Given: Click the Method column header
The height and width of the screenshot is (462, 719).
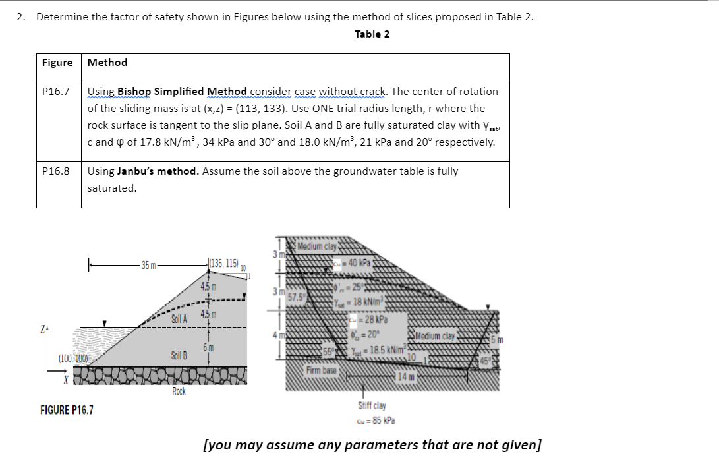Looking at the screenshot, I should pyautogui.click(x=107, y=63).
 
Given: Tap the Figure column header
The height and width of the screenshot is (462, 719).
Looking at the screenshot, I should pyautogui.click(x=57, y=63).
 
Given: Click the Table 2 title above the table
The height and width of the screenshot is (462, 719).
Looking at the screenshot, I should pyautogui.click(x=372, y=34).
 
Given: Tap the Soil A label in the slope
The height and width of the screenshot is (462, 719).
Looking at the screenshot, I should pyautogui.click(x=179, y=319).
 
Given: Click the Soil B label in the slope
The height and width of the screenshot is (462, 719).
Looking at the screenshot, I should pyautogui.click(x=179, y=355).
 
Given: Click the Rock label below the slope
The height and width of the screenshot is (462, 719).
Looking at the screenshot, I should pyautogui.click(x=179, y=391).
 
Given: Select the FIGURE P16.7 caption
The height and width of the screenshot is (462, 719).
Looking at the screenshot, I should pyautogui.click(x=67, y=410).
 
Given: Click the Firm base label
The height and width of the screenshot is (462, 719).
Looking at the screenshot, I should pyautogui.click(x=321, y=370).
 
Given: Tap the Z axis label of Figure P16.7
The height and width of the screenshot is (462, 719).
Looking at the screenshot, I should pyautogui.click(x=43, y=328).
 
